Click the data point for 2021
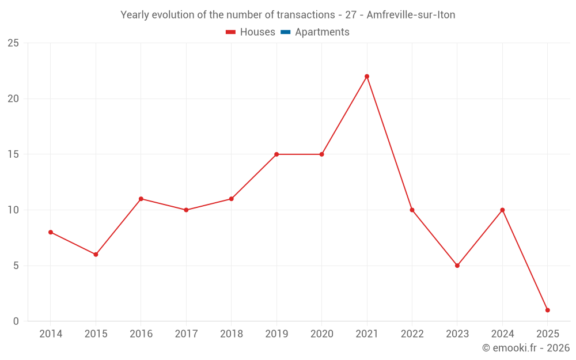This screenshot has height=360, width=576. click(367, 76)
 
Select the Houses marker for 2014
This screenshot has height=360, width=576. click(51, 232)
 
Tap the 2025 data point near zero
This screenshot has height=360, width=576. click(547, 310)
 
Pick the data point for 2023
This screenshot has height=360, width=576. click(457, 266)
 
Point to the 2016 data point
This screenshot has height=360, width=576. click(141, 199)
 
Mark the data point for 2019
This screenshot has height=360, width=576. click(276, 154)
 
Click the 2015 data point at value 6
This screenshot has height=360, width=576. click(96, 254)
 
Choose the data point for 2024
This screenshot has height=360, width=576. click(502, 210)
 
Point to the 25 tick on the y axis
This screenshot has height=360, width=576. click(13, 43)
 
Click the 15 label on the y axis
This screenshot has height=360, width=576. click(13, 154)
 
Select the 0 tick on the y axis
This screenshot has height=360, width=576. click(16, 321)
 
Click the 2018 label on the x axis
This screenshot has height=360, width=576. click(231, 334)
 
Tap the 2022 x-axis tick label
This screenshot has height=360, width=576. click(412, 334)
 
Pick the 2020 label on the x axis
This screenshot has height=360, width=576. click(321, 334)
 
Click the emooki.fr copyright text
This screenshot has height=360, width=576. click(526, 348)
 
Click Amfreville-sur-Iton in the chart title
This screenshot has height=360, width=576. click(411, 15)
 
